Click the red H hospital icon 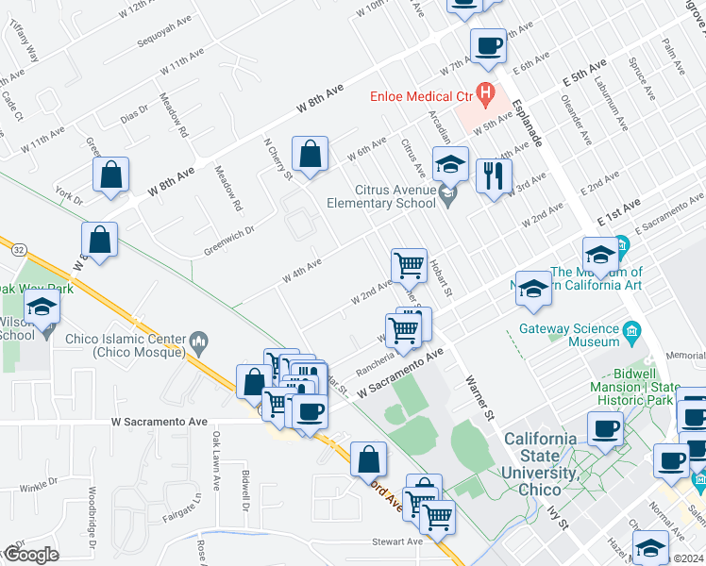click(485, 93)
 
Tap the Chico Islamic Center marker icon click(198, 339)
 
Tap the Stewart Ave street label click(396, 541)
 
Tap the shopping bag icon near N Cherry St click(311, 155)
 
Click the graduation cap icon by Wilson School click(42, 309)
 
